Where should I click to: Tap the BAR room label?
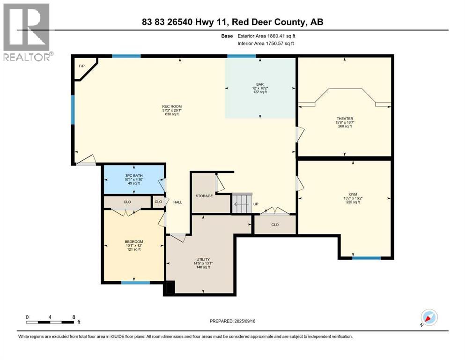[x=259, y=84]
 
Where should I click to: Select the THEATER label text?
[x=344, y=119]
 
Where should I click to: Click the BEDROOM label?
[x=133, y=241]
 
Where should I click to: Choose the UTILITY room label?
[x=203, y=259]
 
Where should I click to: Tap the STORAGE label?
[x=204, y=196]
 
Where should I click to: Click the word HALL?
[x=177, y=202]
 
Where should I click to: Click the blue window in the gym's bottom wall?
[x=366, y=258]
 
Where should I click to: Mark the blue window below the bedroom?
[x=135, y=283]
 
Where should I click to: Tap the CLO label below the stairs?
[x=275, y=225]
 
